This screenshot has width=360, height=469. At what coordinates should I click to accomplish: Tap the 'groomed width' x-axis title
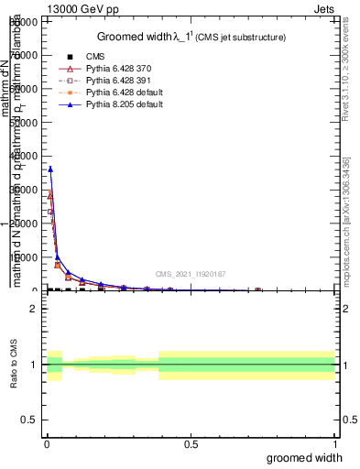click(305, 456)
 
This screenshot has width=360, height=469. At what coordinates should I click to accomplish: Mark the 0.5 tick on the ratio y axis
click(30, 420)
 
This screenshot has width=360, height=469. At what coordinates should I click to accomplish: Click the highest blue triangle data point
click(50, 169)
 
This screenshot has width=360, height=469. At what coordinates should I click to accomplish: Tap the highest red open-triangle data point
click(50, 194)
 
